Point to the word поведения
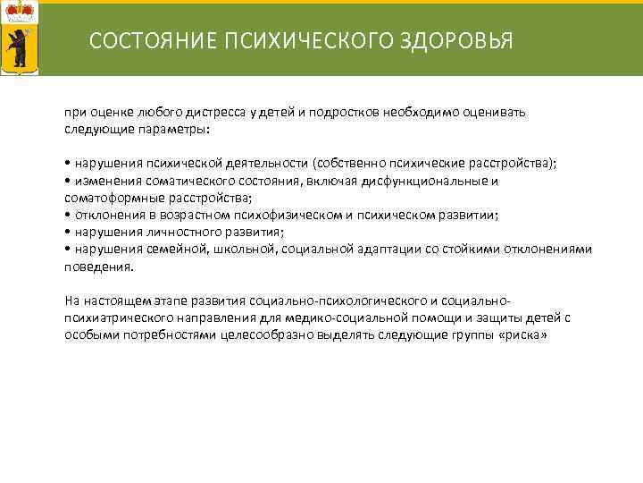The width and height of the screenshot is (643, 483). tap(98, 265)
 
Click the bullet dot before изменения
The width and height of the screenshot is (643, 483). tap(67, 181)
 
